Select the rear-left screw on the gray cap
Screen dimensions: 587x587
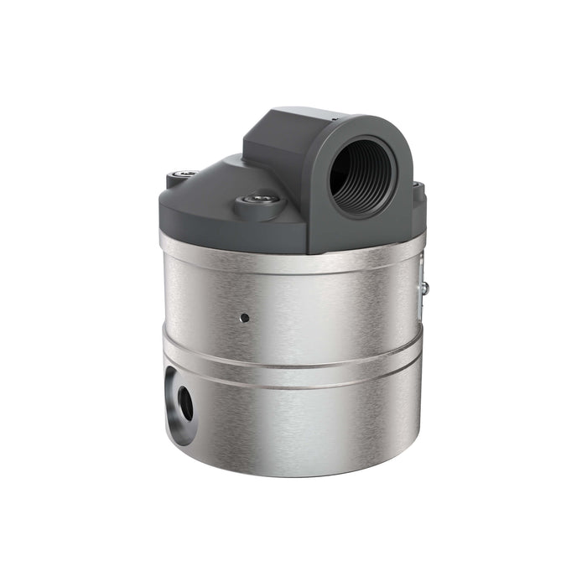click(x=183, y=174)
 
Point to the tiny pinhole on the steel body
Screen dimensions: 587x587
click(x=244, y=318)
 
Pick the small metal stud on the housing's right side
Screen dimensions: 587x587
click(x=425, y=288)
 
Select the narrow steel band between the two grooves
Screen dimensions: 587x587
click(x=293, y=369)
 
